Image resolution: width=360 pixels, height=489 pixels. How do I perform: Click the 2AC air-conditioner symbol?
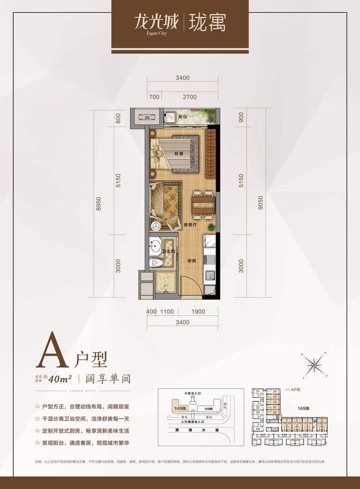pyautogui.click(x=147, y=117)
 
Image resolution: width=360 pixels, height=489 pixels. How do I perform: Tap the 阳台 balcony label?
pyautogui.click(x=182, y=117)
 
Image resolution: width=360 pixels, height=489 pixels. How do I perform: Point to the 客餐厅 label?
pyautogui.click(x=190, y=225)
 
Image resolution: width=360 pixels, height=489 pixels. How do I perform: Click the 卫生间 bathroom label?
pyautogui.click(x=169, y=251)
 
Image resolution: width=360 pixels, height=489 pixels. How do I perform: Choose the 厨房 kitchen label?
pyautogui.click(x=191, y=261)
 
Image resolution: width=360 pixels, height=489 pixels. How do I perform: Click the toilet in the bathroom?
pyautogui.click(x=156, y=262)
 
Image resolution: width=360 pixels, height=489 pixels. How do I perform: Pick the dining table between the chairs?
pyautogui.click(x=203, y=205)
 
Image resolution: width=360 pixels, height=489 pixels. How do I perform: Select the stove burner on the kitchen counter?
pyautogui.click(x=210, y=259)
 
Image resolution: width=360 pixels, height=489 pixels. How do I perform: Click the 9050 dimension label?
pyautogui.click(x=261, y=202)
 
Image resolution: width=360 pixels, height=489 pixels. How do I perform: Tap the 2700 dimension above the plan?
pyautogui.click(x=190, y=97)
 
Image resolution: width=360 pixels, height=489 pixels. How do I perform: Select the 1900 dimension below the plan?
pyautogui.click(x=198, y=312)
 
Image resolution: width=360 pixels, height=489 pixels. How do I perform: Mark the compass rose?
pyautogui.click(x=315, y=365)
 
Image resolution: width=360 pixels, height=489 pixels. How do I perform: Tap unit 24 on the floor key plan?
pyautogui.click(x=275, y=391)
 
